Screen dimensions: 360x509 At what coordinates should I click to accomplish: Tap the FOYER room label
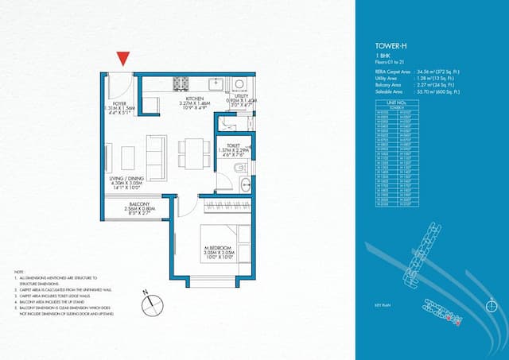click(x=119, y=103)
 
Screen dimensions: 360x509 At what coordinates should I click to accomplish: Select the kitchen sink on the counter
click(x=216, y=83)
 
